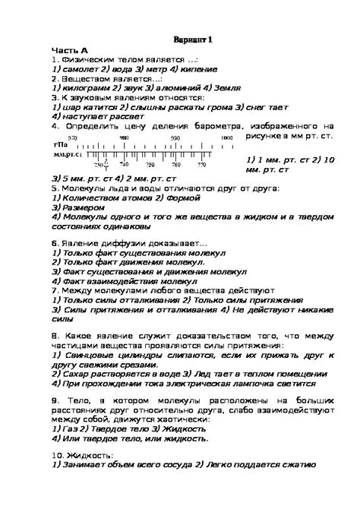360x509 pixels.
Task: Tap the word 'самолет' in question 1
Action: (x=84, y=68)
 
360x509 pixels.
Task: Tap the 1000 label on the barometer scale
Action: (x=226, y=137)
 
